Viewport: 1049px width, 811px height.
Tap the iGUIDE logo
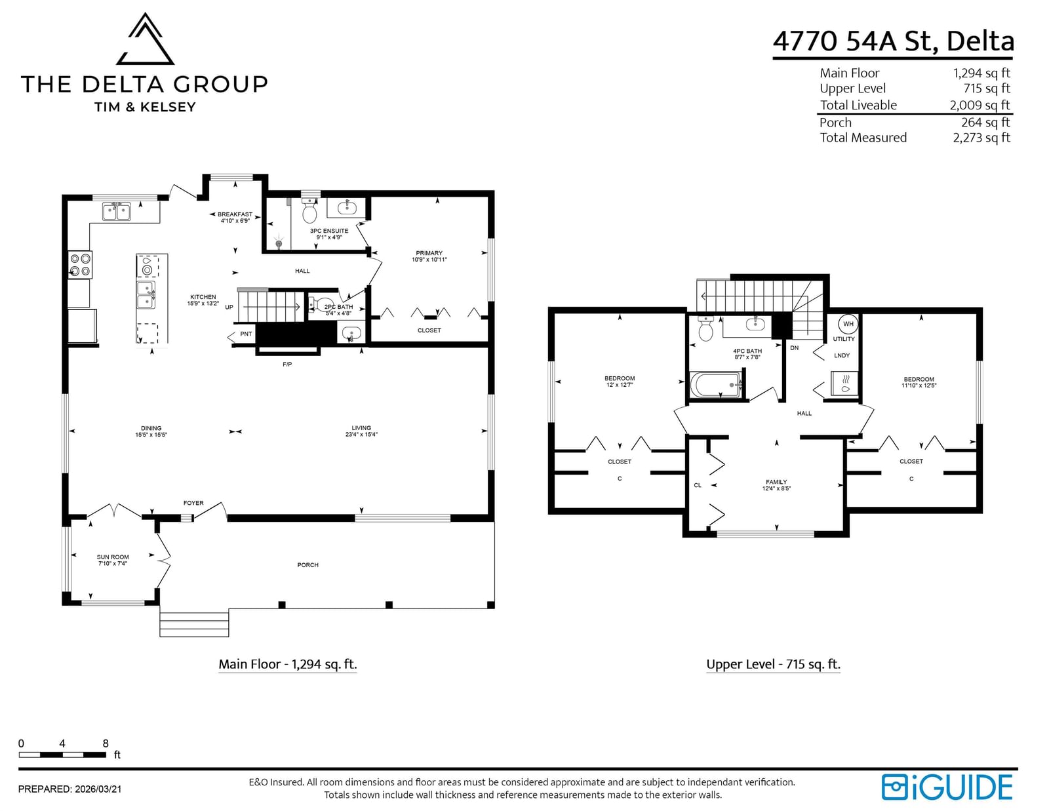coord(947,787)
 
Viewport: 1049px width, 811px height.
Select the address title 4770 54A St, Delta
coord(893,41)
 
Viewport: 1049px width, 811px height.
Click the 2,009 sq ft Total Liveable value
coord(980,105)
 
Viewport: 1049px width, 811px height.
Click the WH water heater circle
coord(848,324)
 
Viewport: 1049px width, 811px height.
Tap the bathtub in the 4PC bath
coord(715,385)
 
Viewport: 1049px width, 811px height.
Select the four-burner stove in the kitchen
coord(79,264)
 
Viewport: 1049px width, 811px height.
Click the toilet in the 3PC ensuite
coord(309,210)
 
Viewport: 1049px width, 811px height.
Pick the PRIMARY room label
coord(429,253)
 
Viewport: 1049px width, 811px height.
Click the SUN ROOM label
coord(113,557)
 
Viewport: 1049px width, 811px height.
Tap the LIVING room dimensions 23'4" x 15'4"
coord(361,434)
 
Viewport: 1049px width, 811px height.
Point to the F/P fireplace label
coord(287,364)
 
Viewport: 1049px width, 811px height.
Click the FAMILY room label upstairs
coord(776,482)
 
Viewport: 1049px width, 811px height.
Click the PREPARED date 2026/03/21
coord(98,789)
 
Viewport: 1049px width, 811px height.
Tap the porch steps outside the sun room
coord(195,624)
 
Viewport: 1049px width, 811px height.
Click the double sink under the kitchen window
coord(116,212)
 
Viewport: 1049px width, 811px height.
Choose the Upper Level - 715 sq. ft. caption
coord(774,664)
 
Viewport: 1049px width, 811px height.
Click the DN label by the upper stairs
coord(794,347)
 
